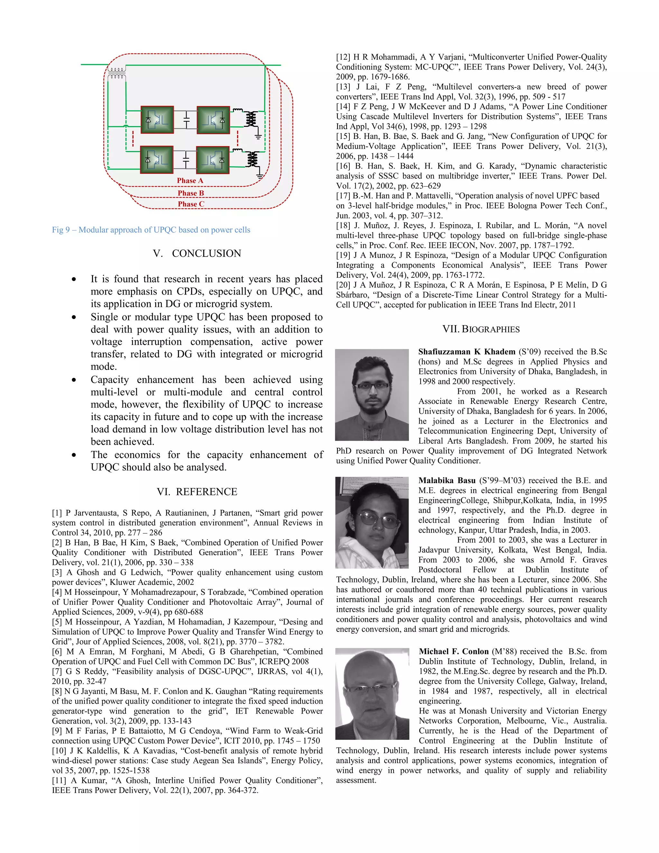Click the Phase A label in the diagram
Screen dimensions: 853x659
point(190,181)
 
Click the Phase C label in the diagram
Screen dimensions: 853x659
point(191,204)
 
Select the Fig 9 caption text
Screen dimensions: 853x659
point(151,230)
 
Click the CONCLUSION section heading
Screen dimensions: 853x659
point(197,253)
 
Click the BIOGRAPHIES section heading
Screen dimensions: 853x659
point(481,329)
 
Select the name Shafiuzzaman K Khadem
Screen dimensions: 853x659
point(467,352)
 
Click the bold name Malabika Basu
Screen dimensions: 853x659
point(447,480)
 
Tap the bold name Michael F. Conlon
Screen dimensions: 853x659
point(453,651)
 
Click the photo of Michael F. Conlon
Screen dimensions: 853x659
point(372,694)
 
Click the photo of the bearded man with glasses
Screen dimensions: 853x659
point(372,395)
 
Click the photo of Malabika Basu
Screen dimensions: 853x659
point(372,522)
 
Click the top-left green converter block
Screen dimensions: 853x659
point(157,119)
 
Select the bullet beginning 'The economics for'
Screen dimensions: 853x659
point(207,461)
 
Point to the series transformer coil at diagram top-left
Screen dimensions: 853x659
point(117,73)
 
